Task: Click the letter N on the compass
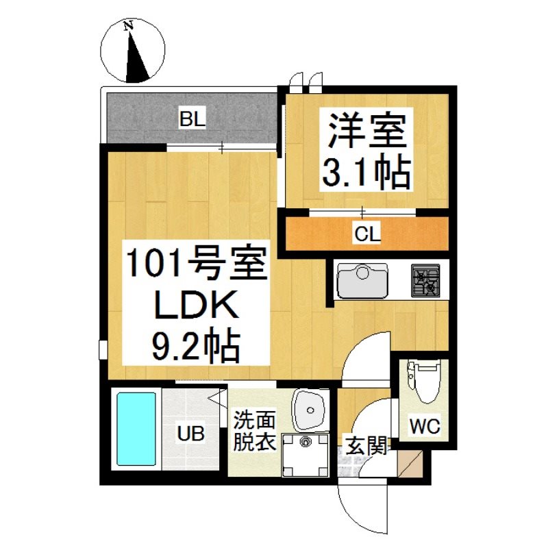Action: coord(129,25)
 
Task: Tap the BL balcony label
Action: coord(192,119)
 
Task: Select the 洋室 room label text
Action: coord(366,131)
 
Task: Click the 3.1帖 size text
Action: coord(366,171)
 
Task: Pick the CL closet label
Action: coord(367,234)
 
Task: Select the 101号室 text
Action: coord(196,262)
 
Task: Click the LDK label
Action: coord(197,305)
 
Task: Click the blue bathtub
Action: coord(136,429)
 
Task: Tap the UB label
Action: coord(191,434)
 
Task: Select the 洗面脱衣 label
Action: coord(254,431)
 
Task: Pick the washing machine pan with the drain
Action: coord(305,455)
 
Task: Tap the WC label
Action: coord(425,426)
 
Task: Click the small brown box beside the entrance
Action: coord(410,464)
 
